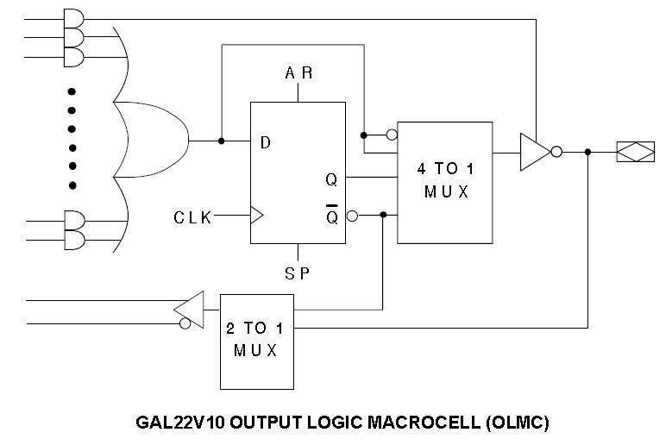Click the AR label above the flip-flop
coord(298,72)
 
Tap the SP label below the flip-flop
coord(298,273)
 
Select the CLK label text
coord(192,217)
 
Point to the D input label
coord(266,142)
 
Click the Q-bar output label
coord(332,215)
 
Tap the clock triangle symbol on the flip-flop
coord(257,215)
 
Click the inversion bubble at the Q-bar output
coord(352,216)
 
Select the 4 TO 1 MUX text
coord(446,180)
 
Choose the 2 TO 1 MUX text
coord(255,339)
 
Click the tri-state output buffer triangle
coord(536,152)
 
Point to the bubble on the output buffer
coord(556,152)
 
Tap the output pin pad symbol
coord(636,152)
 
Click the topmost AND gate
coord(73,19)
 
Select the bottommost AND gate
coord(74,241)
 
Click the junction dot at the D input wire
coord(221,141)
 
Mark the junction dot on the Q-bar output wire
coord(383,215)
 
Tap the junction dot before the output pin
coord(587,152)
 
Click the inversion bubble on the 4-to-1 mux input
coord(392,135)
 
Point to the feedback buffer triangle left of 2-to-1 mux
coord(189,310)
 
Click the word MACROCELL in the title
coord(424,423)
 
